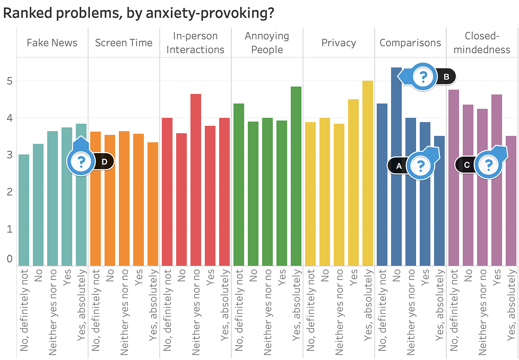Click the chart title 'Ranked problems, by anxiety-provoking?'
click(138, 13)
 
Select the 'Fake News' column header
click(52, 43)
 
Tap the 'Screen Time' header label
click(124, 43)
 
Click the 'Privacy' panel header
click(339, 43)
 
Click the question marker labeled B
click(423, 77)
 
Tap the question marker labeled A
click(420, 165)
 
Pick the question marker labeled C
click(489, 165)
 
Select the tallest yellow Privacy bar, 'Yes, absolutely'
click(367, 173)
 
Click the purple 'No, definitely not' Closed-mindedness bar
click(453, 177)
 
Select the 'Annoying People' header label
click(267, 43)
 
